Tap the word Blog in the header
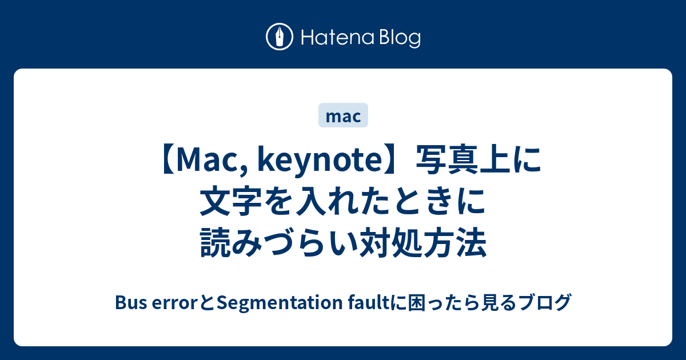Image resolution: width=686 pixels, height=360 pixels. pos(399,38)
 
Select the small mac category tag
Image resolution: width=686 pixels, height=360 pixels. pos(342,116)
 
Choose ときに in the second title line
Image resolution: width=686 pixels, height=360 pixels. pos(437,203)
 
